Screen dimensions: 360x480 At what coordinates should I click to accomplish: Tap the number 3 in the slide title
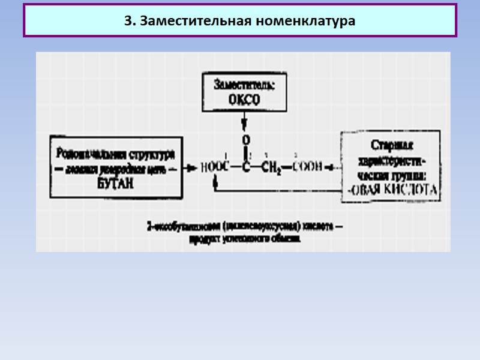[128, 21]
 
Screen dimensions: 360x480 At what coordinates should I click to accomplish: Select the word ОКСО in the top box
[244, 100]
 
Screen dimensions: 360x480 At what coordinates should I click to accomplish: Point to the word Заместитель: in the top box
[244, 85]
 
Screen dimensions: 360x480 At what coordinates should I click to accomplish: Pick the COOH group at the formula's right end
[307, 168]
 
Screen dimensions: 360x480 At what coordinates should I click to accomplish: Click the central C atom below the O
[245, 168]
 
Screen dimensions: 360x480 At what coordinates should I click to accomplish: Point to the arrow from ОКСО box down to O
[244, 123]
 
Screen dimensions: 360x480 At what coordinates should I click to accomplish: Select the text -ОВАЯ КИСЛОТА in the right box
[393, 191]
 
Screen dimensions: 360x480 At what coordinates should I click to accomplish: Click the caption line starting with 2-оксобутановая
[245, 227]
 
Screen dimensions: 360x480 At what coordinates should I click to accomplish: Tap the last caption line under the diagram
[245, 238]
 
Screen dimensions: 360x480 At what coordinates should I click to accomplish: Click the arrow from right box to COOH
[332, 168]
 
